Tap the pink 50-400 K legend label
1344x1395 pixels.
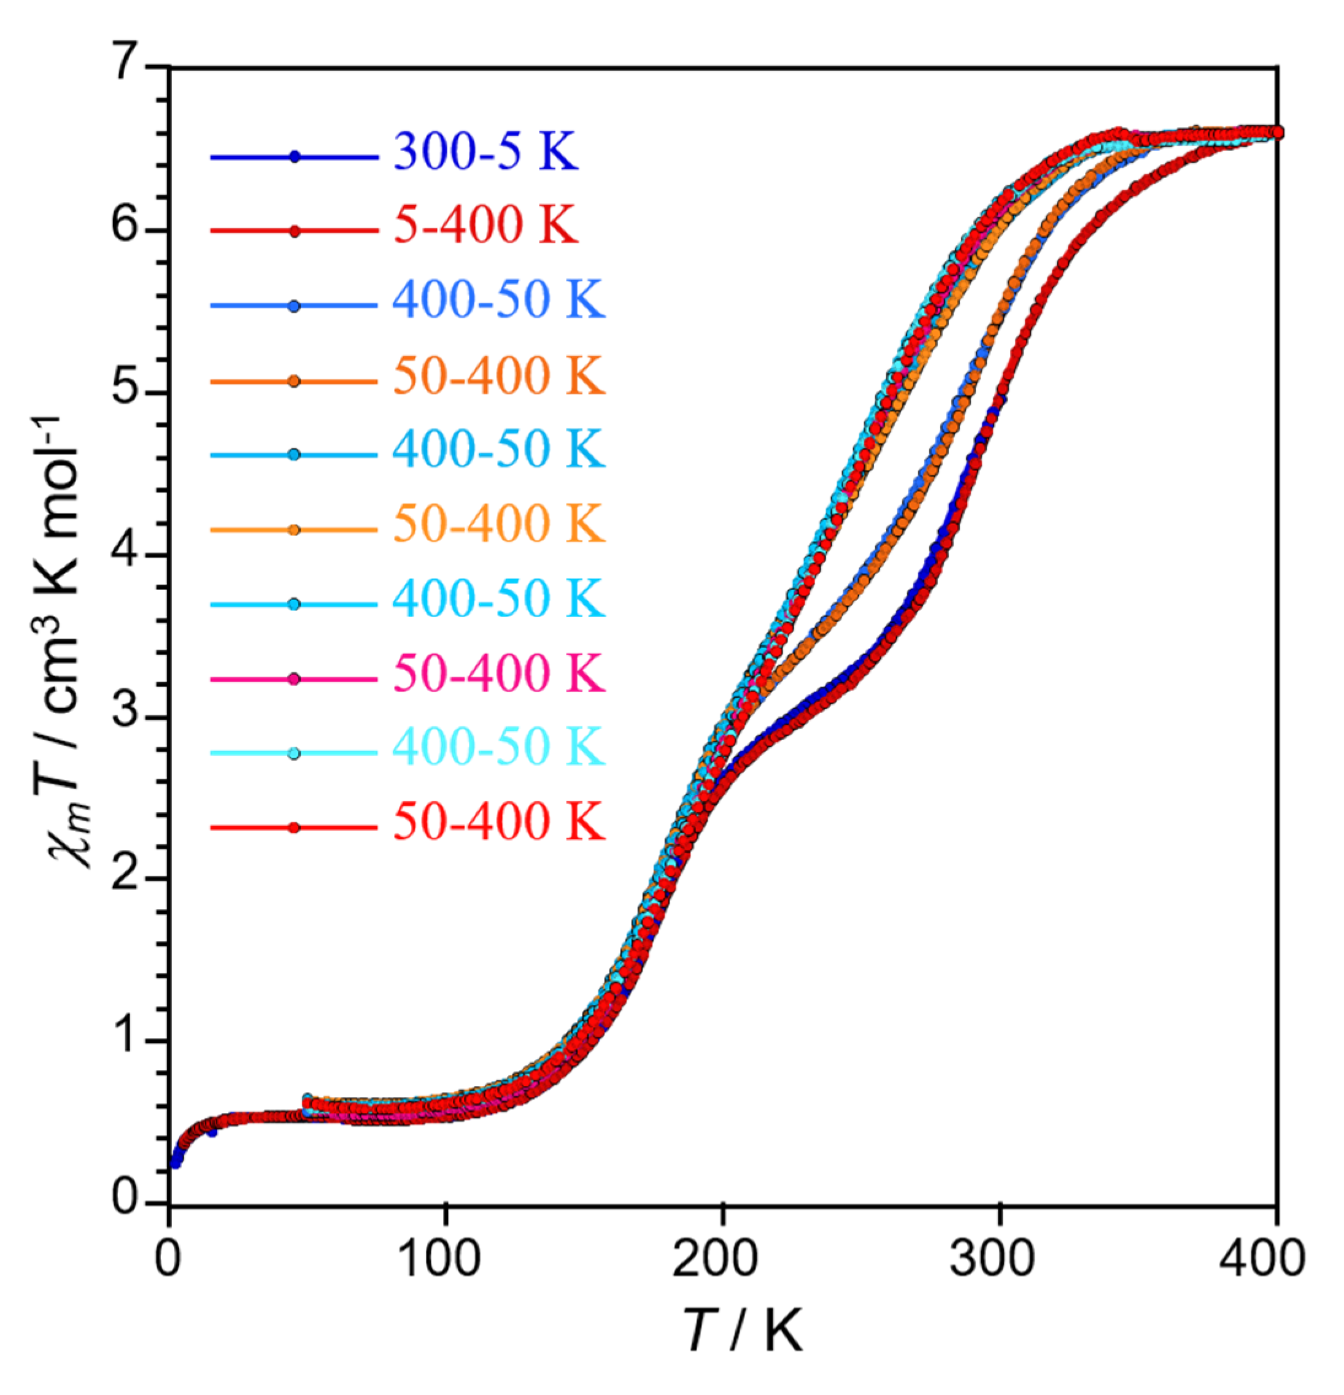point(498,672)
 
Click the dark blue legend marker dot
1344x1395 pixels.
point(295,157)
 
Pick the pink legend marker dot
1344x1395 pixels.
point(295,679)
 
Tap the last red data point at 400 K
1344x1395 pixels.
point(1277,133)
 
